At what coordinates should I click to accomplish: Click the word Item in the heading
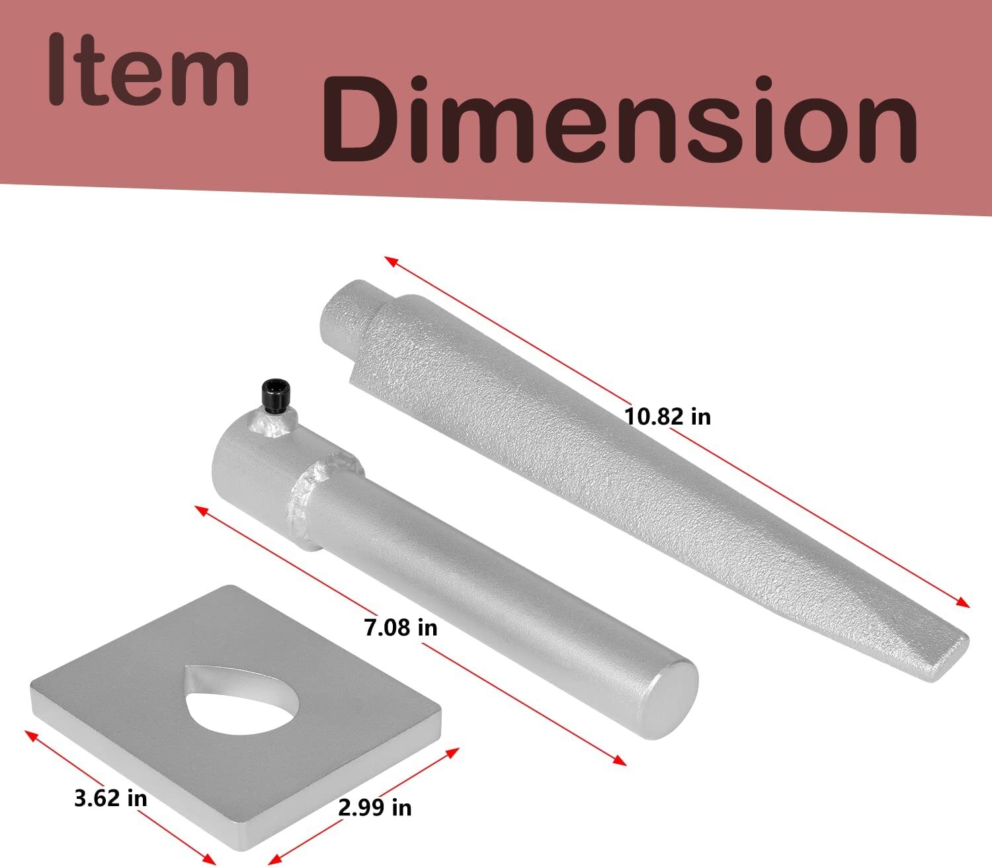[149, 69]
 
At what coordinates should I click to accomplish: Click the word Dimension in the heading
[619, 119]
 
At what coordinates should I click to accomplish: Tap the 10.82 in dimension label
[668, 417]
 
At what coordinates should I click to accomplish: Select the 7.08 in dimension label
[401, 628]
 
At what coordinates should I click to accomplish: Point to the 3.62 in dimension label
[110, 798]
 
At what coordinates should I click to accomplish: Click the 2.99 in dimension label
[375, 808]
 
